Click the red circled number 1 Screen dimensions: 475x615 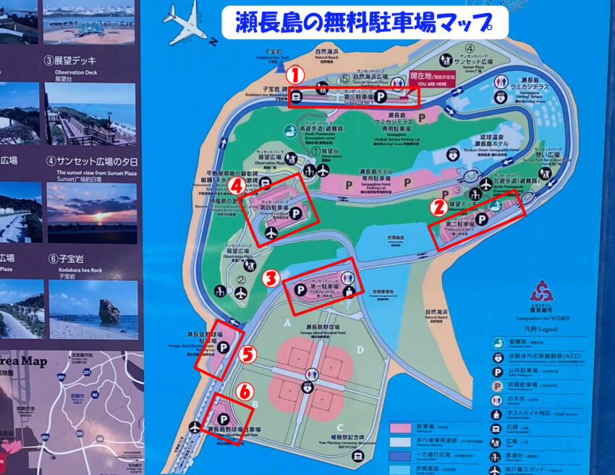[294, 74]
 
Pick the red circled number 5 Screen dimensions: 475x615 [247, 354]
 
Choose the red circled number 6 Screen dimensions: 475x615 [246, 392]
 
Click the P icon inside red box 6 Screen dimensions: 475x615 [224, 419]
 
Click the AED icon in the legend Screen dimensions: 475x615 [499, 357]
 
